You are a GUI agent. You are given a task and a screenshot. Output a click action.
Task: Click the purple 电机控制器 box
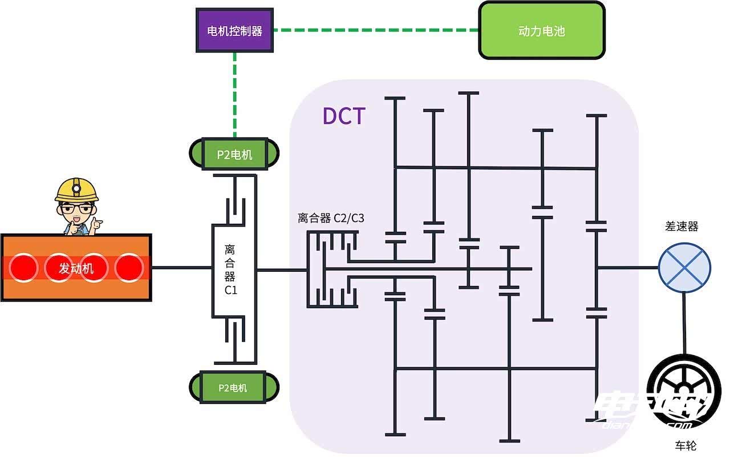coord(234,31)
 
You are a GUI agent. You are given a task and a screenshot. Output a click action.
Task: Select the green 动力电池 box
coord(541,30)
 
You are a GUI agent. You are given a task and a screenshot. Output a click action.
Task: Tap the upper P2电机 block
coord(234,154)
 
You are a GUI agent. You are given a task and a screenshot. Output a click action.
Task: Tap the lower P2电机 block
coord(234,387)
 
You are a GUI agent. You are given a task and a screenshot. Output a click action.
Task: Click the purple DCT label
coord(343,116)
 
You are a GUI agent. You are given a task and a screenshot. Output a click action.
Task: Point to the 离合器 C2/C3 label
coord(331,218)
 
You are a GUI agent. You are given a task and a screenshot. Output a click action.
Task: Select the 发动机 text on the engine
coord(76,268)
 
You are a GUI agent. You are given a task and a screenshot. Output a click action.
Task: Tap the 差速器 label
coord(682,227)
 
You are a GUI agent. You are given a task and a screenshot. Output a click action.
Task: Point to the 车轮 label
coord(686,445)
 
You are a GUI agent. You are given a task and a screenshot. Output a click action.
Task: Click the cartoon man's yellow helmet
coord(77,190)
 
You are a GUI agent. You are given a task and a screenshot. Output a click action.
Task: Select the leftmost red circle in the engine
coord(23,267)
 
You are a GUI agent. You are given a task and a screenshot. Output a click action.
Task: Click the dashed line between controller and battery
coord(375,30)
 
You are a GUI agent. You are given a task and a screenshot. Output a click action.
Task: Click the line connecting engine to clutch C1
coord(181,267)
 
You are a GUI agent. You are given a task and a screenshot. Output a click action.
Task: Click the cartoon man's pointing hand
coord(95,224)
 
